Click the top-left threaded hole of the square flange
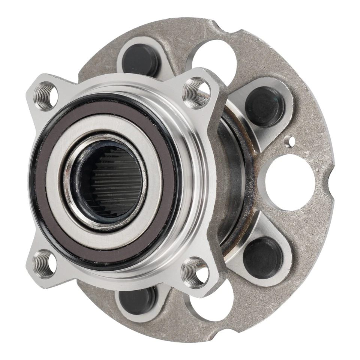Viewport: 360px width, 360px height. tap(46, 96)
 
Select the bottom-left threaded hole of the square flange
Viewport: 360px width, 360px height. tap(44, 264)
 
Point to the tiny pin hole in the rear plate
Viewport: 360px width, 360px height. tap(289, 141)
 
